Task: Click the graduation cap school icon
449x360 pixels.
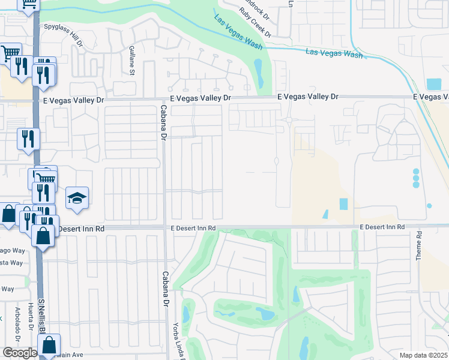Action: [x=77, y=198]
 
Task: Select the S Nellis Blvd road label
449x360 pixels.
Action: [x=41, y=318]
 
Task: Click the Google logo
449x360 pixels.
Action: [x=19, y=353]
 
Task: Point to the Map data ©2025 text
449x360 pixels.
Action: [x=424, y=355]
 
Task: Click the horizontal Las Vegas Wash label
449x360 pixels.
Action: [x=334, y=53]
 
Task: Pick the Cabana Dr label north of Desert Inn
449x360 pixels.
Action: [x=163, y=123]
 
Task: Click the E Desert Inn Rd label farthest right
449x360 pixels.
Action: [x=382, y=227]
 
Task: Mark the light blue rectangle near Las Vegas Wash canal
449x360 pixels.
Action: [x=433, y=84]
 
